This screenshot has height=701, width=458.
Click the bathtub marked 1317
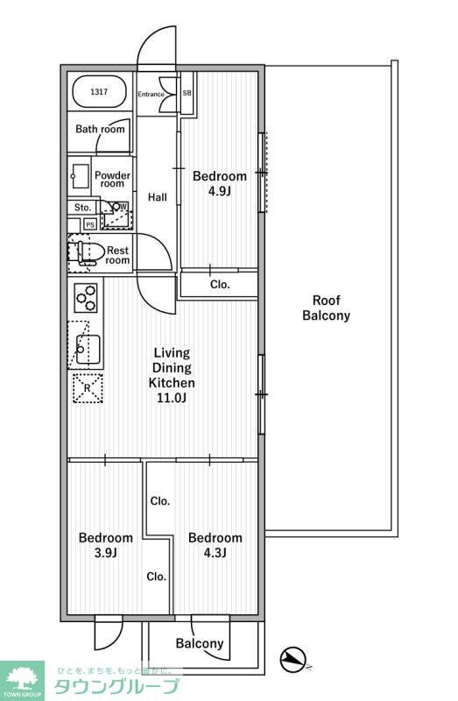[99, 92]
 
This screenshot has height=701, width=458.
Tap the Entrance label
[151, 94]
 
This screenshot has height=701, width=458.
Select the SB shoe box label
[187, 93]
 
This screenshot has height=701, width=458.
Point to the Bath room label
[100, 129]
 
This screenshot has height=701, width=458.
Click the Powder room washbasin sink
[81, 176]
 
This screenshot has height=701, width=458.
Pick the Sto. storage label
[82, 208]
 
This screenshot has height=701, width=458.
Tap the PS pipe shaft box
[90, 224]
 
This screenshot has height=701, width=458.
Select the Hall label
[158, 197]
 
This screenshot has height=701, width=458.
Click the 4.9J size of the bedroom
[219, 191]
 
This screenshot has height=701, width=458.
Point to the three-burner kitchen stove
[86, 297]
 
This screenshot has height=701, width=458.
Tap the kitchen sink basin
[88, 349]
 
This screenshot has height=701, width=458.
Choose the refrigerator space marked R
[88, 388]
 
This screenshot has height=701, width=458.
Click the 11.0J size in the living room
[172, 398]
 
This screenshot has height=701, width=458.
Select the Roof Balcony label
[326, 308]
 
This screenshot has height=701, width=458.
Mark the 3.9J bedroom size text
[106, 553]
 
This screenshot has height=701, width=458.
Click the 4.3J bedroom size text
[215, 553]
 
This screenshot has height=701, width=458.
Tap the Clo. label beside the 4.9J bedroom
[220, 284]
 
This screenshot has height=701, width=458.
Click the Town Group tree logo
[22, 678]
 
